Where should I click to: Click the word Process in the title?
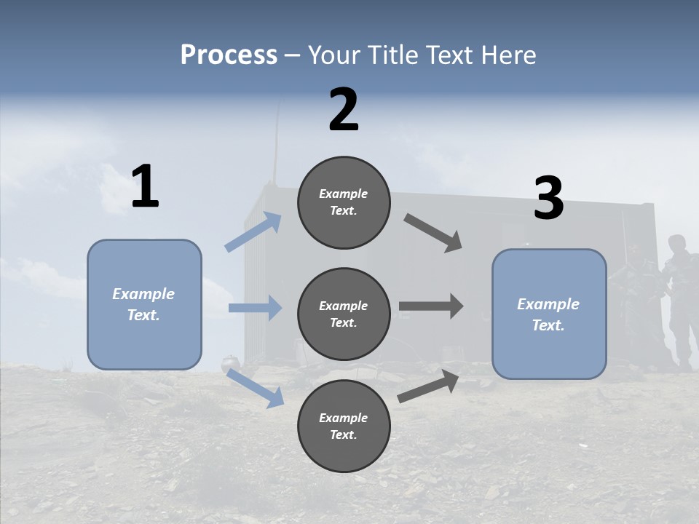[229, 55]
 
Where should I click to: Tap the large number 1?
[145, 187]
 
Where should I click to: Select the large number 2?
[344, 110]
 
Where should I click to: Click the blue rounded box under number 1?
[144, 304]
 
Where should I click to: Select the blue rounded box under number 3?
[549, 314]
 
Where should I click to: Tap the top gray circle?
[344, 202]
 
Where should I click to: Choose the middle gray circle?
[344, 314]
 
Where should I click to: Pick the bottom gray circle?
[344, 426]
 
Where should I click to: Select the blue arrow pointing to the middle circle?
[255, 308]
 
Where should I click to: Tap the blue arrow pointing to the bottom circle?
[256, 387]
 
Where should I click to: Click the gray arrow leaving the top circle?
[433, 233]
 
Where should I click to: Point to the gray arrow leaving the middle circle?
[431, 306]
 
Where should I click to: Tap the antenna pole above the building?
[275, 146]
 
